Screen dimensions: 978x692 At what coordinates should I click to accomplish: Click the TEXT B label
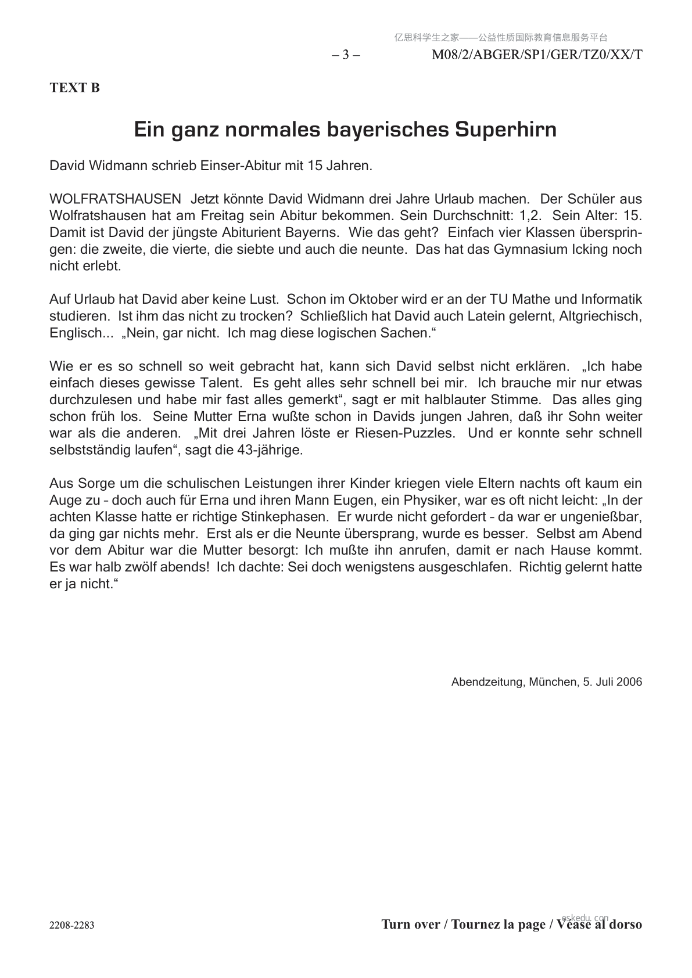click(74, 88)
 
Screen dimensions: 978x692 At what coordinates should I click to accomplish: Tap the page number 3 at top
click(346, 55)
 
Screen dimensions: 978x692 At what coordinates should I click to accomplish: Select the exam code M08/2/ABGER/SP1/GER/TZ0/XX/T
click(537, 55)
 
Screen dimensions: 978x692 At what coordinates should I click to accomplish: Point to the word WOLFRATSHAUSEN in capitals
click(116, 199)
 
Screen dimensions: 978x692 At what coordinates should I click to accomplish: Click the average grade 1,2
click(530, 215)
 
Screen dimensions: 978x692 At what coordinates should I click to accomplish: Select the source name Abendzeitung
click(487, 682)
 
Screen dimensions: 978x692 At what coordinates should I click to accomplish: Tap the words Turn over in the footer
click(410, 925)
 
